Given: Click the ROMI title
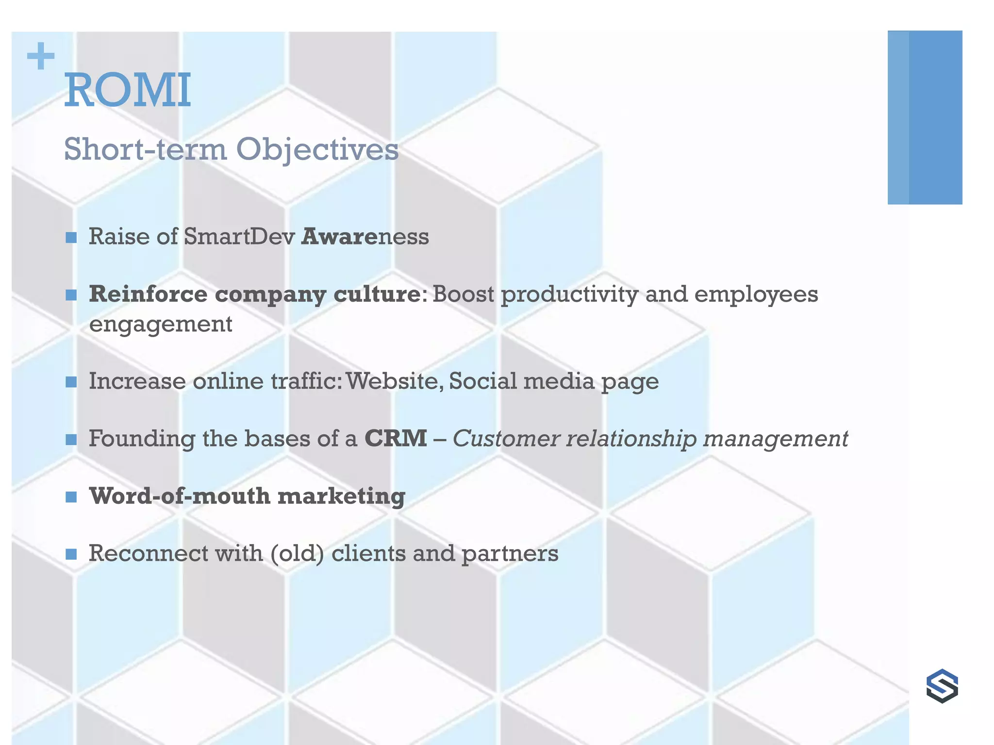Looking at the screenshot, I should click(128, 90).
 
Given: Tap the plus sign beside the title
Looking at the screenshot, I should click(41, 56).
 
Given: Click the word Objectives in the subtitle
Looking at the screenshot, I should click(317, 149).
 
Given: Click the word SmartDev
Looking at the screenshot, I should click(240, 237).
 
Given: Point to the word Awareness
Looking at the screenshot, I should click(365, 237).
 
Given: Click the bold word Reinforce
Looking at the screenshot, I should click(148, 294).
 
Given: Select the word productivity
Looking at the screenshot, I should click(569, 295).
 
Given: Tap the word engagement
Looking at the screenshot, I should click(161, 324).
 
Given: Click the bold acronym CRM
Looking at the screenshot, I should click(396, 438).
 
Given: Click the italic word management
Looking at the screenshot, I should click(775, 439).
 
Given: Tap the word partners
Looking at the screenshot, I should click(510, 554).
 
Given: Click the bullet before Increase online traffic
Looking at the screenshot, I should click(71, 382).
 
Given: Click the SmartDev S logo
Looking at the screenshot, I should click(942, 686).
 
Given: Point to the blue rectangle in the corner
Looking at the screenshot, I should click(925, 117).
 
